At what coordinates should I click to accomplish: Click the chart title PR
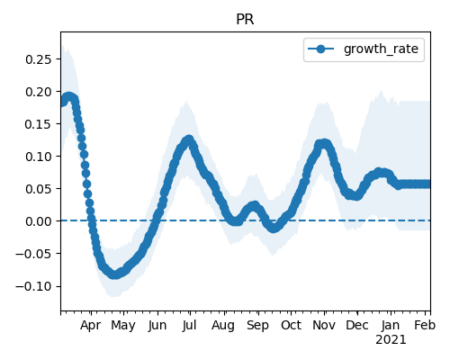coord(245,20)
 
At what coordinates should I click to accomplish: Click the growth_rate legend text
coord(381,49)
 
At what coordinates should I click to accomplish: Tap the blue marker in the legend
coord(320,49)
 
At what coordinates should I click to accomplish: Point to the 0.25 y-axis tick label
coord(39,59)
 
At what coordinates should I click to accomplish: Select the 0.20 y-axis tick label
coord(39,92)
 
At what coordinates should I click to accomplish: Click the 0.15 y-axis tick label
coord(39,124)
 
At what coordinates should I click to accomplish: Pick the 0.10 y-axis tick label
coord(39,157)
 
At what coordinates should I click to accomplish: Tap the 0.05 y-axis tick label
coord(39,189)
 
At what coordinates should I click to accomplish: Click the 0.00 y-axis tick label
coord(39,221)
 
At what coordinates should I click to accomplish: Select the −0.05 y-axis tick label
coord(33,254)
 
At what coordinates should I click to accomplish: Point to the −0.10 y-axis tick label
coord(33,286)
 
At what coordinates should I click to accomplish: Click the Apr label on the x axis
coord(91,326)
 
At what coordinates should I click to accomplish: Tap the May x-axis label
coord(123,326)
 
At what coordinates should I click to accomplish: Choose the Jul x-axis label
coord(189,325)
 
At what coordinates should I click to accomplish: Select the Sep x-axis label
coord(257,326)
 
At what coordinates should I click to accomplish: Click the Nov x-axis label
coord(324,325)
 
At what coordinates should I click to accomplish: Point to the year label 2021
coord(391,340)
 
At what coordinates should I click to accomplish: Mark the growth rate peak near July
coord(189,140)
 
